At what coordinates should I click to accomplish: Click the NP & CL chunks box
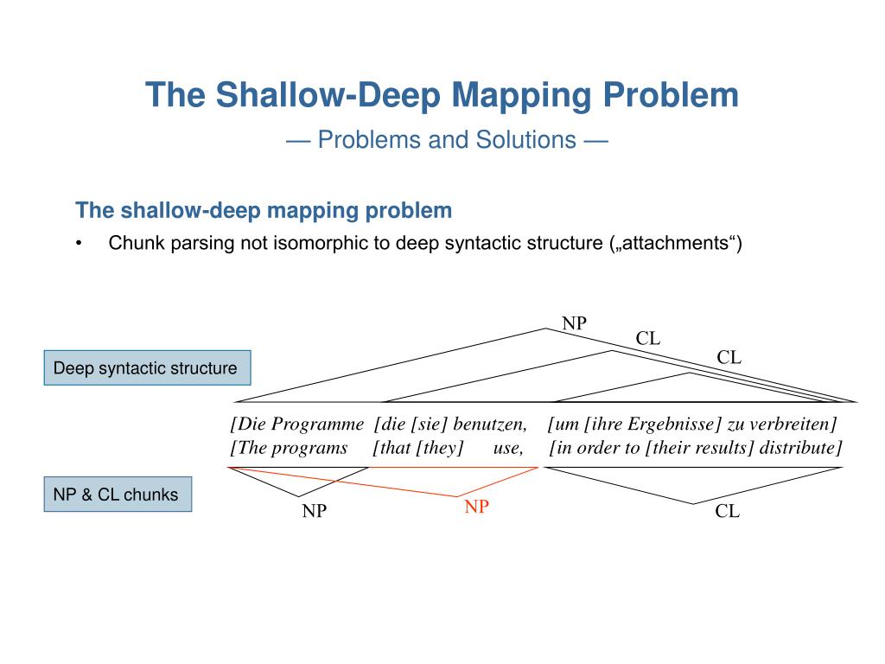pyautogui.click(x=116, y=495)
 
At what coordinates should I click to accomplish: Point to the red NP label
pyautogui.click(x=476, y=508)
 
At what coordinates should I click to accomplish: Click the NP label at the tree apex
pyautogui.click(x=574, y=324)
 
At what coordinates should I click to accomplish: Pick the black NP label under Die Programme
pyautogui.click(x=314, y=511)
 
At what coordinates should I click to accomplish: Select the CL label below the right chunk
pyautogui.click(x=727, y=511)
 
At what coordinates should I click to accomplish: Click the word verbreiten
pyautogui.click(x=792, y=424)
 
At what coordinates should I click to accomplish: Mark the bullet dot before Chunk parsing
pyautogui.click(x=80, y=244)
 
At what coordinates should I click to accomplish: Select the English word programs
pyautogui.click(x=312, y=448)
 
